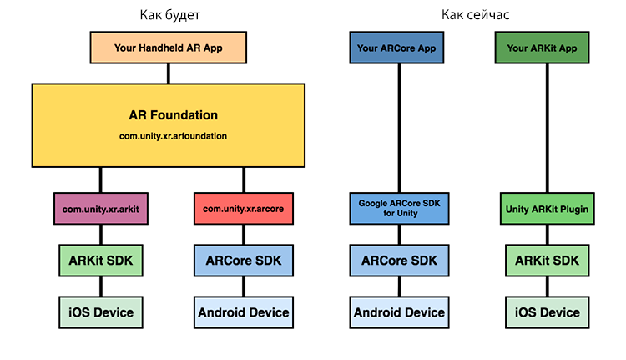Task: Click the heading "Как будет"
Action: (x=169, y=15)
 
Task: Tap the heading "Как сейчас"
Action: (x=475, y=15)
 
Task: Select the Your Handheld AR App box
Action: (x=168, y=48)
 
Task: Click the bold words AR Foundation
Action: (x=173, y=115)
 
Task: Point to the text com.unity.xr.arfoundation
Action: (x=173, y=136)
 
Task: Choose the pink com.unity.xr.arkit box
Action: (x=101, y=209)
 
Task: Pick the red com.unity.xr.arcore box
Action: (x=244, y=209)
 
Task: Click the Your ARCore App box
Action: (x=396, y=48)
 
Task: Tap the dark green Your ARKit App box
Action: (x=542, y=48)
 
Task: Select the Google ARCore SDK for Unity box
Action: (x=399, y=209)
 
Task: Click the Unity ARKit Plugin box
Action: (x=547, y=209)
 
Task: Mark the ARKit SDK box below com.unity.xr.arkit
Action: (x=101, y=261)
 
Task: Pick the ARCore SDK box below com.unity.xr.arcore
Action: (x=244, y=261)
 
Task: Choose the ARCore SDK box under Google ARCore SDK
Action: (x=399, y=261)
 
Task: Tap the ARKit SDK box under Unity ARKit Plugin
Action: (x=547, y=261)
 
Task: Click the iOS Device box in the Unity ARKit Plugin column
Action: (x=547, y=312)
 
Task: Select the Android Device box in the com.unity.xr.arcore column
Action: (x=244, y=312)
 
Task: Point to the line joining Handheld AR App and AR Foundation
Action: (x=168, y=74)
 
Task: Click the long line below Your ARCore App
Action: (x=399, y=128)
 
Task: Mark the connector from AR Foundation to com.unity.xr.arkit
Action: (x=101, y=180)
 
